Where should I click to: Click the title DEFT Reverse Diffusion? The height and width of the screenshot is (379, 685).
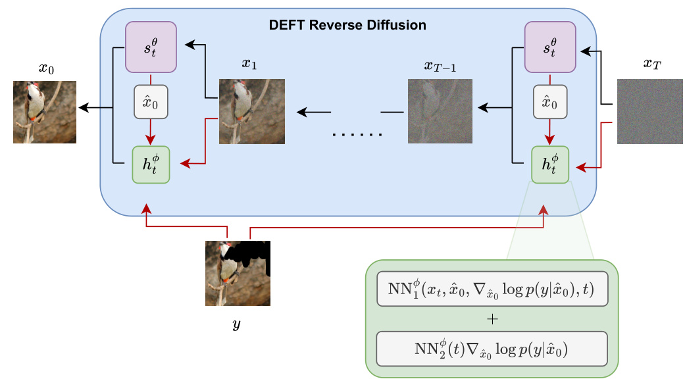coord(348,26)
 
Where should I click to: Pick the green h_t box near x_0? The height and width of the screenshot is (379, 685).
coord(151,164)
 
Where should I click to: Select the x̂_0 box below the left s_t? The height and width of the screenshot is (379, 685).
coord(151,103)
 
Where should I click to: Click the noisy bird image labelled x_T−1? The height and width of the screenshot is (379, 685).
coord(440,111)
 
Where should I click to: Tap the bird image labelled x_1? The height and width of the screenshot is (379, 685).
coord(251,111)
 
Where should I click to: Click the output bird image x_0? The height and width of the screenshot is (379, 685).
coord(45,111)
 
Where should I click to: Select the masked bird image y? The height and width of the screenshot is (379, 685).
coord(238,272)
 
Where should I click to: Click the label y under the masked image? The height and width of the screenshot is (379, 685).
coord(237,325)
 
